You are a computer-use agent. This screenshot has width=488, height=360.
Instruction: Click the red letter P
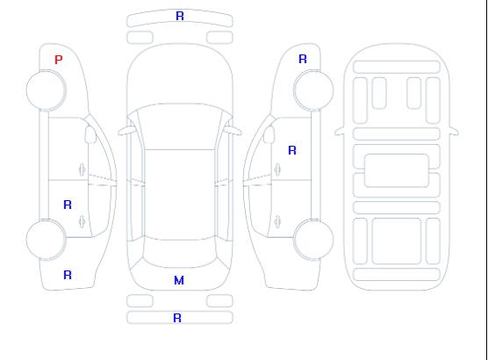point(59,60)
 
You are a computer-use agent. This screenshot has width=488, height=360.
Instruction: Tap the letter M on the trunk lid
point(179,280)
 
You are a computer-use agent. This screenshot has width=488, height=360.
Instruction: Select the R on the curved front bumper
point(180,16)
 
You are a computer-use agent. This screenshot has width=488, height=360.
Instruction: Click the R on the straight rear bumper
point(177,318)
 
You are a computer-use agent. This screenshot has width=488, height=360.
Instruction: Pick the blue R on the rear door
point(68,205)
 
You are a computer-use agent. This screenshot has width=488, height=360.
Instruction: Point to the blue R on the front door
point(292,150)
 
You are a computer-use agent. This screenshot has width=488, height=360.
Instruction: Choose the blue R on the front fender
point(303,59)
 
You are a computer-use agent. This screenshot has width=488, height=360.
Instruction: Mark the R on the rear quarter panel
point(68,275)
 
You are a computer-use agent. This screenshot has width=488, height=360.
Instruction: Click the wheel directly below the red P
point(46,90)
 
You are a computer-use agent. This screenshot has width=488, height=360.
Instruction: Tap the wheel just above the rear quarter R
point(46,239)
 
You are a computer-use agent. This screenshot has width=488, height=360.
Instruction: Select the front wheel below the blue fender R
point(313,90)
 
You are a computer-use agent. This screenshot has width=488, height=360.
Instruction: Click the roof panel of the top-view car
point(180,195)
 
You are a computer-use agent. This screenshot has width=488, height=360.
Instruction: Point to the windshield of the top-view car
point(180,126)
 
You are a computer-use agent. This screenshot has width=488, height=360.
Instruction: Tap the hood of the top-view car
point(180,75)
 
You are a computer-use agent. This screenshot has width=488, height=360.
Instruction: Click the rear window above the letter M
point(180,254)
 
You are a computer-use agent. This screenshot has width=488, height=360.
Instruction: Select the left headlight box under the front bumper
point(140,38)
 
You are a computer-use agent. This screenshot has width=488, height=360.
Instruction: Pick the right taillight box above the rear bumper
point(219,301)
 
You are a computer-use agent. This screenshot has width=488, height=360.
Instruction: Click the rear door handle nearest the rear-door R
point(82,221)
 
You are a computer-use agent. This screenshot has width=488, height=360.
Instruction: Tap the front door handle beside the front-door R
point(277,169)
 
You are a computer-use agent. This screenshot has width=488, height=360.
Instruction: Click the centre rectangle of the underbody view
point(397,170)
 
